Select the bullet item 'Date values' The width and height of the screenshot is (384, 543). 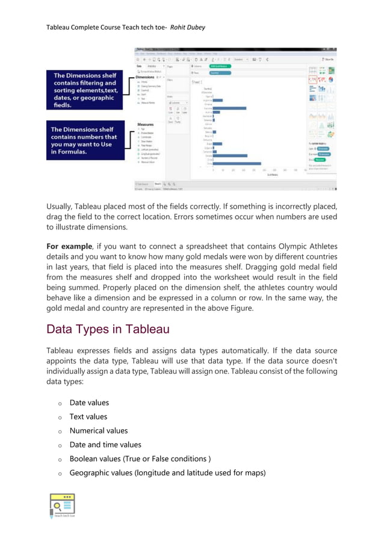tap(89, 403)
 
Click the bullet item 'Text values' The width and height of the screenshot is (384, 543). tap(88, 417)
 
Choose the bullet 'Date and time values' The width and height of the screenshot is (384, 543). tap(105, 444)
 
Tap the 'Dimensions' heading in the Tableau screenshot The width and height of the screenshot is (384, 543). tap(145, 77)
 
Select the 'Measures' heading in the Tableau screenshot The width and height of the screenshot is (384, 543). tap(145, 124)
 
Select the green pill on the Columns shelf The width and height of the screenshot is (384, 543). tap(221, 66)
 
